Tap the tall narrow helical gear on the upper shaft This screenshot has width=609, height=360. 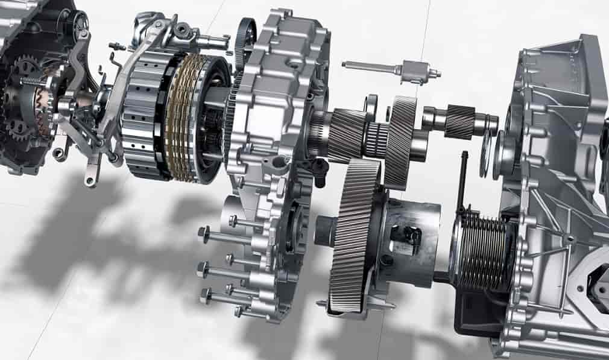[x=401, y=142]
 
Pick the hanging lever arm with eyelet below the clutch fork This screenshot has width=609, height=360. [x=93, y=172]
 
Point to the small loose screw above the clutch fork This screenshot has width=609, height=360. [x=118, y=46]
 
